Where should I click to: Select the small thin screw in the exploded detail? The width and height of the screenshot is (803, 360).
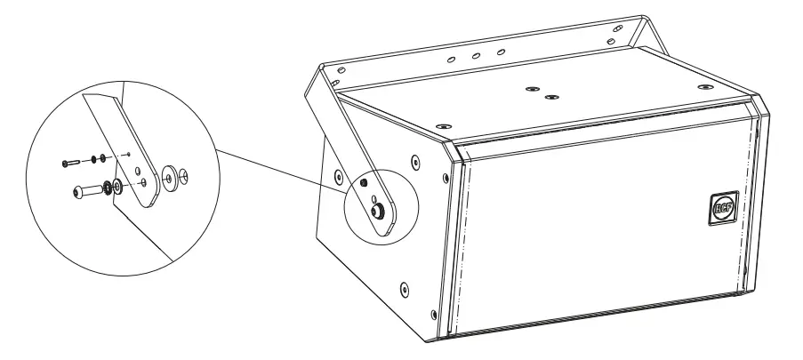pyautogui.click(x=70, y=163)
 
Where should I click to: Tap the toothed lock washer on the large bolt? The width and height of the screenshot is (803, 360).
pyautogui.click(x=106, y=188)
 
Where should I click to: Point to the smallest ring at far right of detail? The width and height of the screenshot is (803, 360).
pyautogui.click(x=184, y=172)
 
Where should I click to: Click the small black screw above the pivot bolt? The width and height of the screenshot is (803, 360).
pyautogui.click(x=365, y=183)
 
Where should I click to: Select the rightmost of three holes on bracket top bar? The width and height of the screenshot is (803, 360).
pyautogui.click(x=501, y=52)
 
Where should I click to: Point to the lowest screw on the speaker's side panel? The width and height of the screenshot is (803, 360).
pyautogui.click(x=406, y=287)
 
